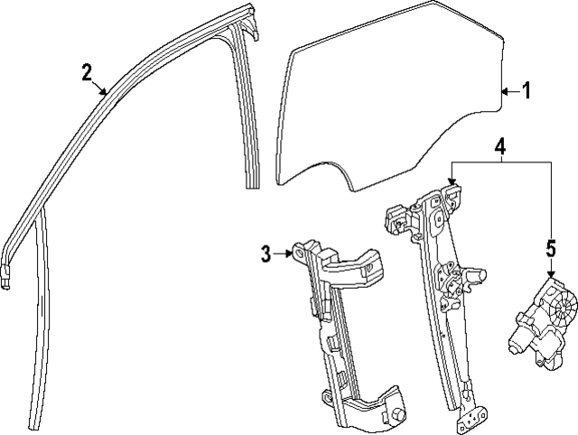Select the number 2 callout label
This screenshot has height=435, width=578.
(87, 72)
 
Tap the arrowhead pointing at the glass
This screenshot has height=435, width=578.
(505, 91)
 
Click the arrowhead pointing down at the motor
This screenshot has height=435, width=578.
(550, 271)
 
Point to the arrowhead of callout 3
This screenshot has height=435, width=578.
(287, 255)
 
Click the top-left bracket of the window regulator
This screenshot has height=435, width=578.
(397, 218)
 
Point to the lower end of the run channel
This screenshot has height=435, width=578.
(40, 421)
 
